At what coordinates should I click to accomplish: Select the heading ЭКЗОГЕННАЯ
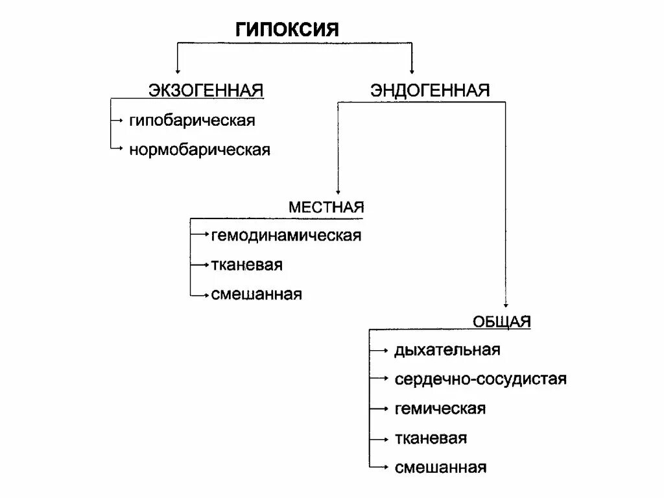pyautogui.click(x=206, y=90)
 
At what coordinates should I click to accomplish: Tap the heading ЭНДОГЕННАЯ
pyautogui.click(x=430, y=90)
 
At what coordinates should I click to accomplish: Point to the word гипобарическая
pyautogui.click(x=192, y=121)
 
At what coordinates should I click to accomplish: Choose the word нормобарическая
pyautogui.click(x=199, y=150)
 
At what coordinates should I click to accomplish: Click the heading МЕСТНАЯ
pyautogui.click(x=326, y=207)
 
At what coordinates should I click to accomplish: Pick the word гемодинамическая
pyautogui.click(x=285, y=235)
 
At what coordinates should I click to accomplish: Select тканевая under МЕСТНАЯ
pyautogui.click(x=246, y=265)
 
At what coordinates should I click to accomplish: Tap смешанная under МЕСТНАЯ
pyautogui.click(x=256, y=294)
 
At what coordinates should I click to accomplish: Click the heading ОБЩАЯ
pyautogui.click(x=501, y=321)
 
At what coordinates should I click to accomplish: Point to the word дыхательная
pyautogui.click(x=447, y=350)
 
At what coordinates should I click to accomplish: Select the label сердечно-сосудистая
pyautogui.click(x=480, y=379)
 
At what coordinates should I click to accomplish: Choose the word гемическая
pyautogui.click(x=440, y=409)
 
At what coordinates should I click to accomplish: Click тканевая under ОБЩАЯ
pyautogui.click(x=430, y=438)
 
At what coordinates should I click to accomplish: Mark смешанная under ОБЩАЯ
pyautogui.click(x=440, y=468)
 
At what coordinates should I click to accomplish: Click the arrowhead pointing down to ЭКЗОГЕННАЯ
pyautogui.click(x=176, y=69)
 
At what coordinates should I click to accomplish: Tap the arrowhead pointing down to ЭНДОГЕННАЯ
pyautogui.click(x=412, y=69)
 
